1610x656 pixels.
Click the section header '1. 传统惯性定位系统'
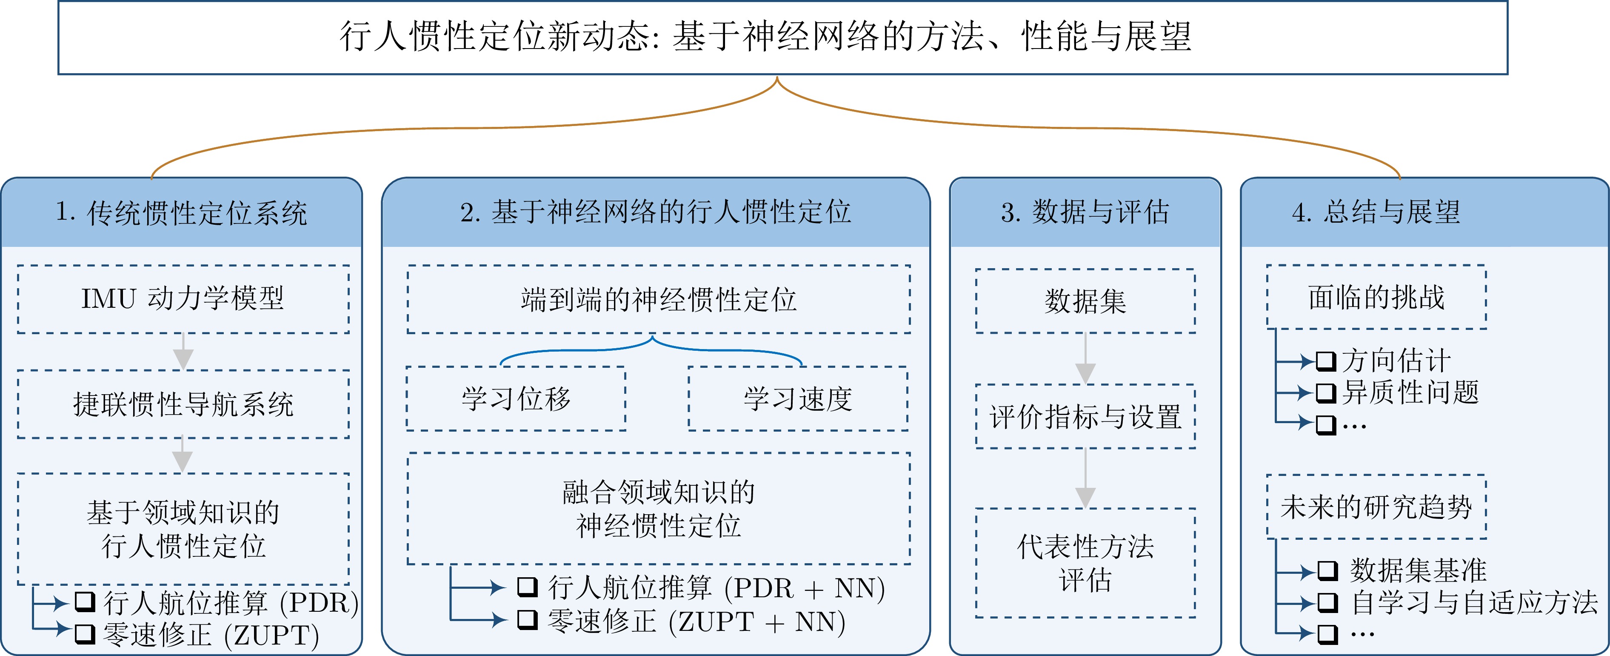[181, 212]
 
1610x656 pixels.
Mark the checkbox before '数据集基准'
[1327, 571]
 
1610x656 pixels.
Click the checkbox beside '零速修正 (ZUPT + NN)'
[528, 620]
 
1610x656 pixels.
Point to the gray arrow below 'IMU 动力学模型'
[183, 352]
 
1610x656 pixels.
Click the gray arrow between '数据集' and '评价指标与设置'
[1086, 358]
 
